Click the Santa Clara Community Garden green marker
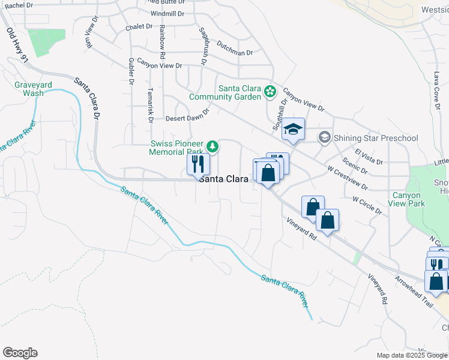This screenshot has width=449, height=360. [x=270, y=92]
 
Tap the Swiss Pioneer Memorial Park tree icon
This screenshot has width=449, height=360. [x=212, y=146]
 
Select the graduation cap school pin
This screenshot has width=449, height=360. [x=293, y=130]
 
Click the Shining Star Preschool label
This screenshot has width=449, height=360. [x=376, y=139]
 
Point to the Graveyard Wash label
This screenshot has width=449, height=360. [x=29, y=89]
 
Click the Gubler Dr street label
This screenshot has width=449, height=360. [x=130, y=72]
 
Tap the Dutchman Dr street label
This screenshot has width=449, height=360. [x=234, y=52]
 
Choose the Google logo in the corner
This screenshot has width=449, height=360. [x=20, y=353]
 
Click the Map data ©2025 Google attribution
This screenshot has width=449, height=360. [x=412, y=355]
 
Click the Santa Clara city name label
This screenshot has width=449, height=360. [x=224, y=179]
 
